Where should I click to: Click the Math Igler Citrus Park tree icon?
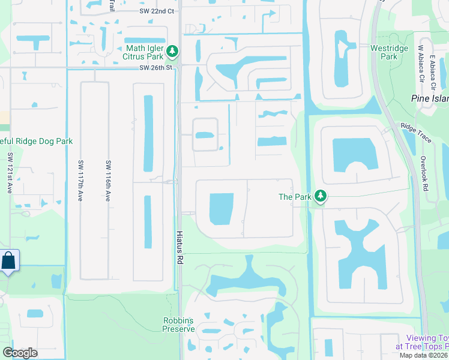173,52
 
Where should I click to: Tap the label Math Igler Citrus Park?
146,52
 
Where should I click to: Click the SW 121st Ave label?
10,173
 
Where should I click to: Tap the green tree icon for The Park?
321,196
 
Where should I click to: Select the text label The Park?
294,197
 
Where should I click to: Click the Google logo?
20,353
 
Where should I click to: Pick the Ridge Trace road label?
417,133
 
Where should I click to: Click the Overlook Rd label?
424,174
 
